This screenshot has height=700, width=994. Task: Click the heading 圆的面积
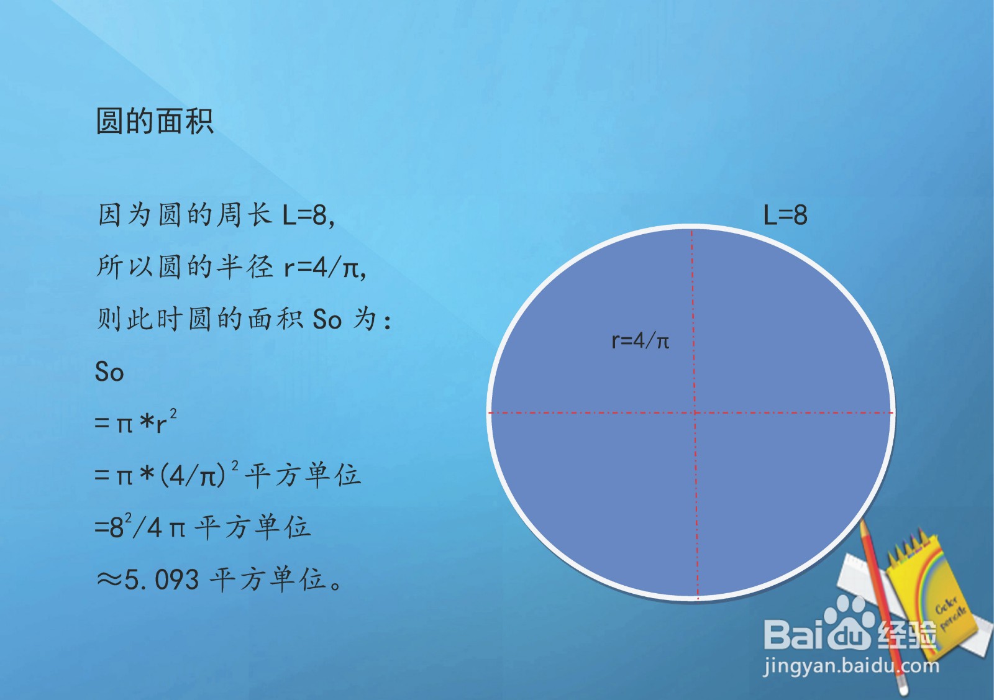point(155,121)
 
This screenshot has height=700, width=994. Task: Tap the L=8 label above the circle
point(785,216)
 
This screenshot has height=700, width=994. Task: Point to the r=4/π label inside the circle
point(640,340)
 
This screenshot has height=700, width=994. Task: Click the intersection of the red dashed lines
point(695,412)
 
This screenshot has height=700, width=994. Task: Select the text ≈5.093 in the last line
point(148,580)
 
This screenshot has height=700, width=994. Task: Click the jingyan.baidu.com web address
point(850,667)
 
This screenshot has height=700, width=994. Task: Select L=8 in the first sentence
point(308,216)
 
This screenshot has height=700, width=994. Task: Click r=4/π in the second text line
point(323,268)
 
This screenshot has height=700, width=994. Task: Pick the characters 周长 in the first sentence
point(244,216)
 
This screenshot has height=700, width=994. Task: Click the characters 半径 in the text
point(244,268)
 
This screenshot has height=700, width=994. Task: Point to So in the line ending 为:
point(327,319)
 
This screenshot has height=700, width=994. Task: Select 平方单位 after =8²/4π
point(252,528)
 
